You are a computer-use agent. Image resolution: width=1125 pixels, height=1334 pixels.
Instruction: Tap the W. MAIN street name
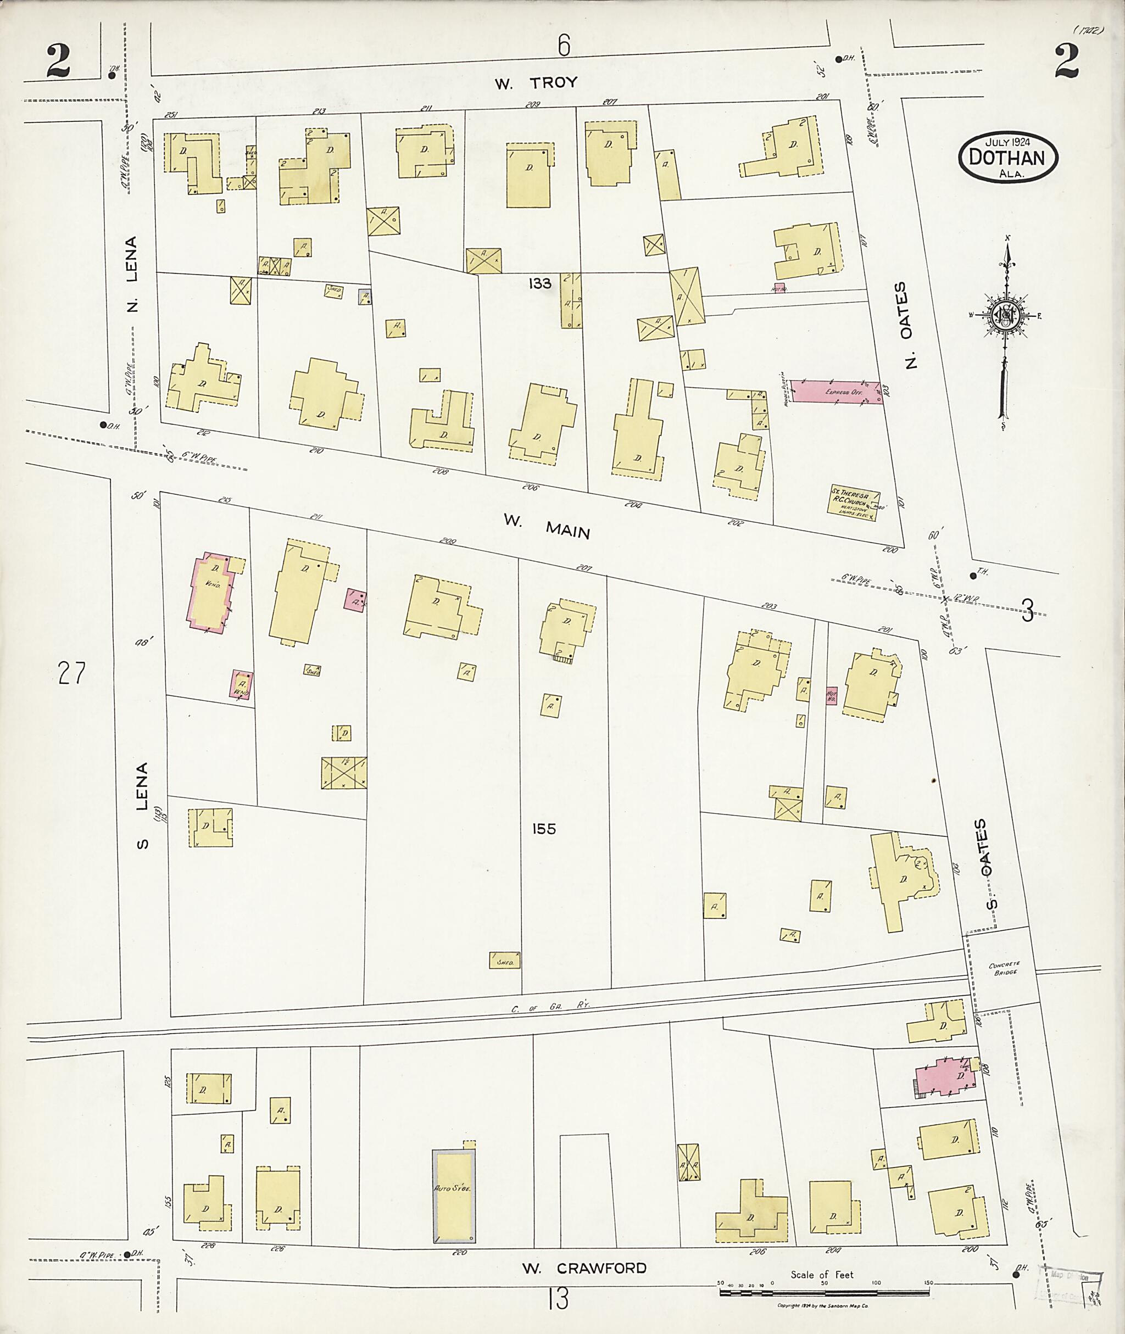(x=547, y=526)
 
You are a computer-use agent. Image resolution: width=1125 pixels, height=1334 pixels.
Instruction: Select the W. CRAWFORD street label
(x=584, y=1268)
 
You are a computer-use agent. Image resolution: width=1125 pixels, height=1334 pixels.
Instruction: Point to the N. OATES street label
(x=910, y=325)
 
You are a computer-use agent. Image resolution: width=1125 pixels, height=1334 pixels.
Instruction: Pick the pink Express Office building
(x=837, y=392)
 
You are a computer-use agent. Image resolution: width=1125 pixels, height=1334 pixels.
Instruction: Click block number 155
(x=543, y=829)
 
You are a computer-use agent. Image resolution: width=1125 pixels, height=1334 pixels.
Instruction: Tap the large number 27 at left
(x=71, y=673)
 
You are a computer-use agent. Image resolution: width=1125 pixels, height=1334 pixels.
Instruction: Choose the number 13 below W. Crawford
(x=558, y=1298)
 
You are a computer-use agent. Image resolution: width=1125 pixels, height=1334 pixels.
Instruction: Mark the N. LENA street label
(x=131, y=274)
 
